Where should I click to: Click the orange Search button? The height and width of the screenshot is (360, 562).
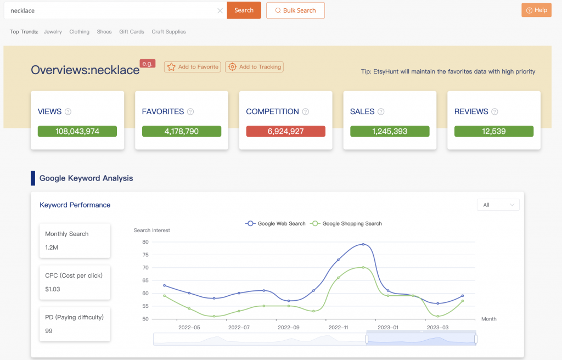pyautogui.click(x=244, y=10)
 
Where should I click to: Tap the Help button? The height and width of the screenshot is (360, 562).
pyautogui.click(x=536, y=10)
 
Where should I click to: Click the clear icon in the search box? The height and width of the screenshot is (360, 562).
pyautogui.click(x=220, y=10)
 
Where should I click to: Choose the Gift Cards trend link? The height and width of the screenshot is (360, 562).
pyautogui.click(x=132, y=32)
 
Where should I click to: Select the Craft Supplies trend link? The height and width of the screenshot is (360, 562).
pyautogui.click(x=168, y=32)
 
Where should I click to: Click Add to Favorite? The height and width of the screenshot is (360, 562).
pyautogui.click(x=193, y=67)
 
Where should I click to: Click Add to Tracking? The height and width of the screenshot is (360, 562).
pyautogui.click(x=255, y=67)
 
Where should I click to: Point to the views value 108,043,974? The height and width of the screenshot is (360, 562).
pyautogui.click(x=77, y=132)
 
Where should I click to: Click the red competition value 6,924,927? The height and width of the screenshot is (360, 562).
pyautogui.click(x=285, y=132)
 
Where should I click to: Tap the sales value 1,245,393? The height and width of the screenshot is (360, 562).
pyautogui.click(x=390, y=132)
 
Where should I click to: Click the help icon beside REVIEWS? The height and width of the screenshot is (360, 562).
pyautogui.click(x=494, y=112)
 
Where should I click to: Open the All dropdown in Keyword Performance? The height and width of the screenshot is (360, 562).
pyautogui.click(x=498, y=205)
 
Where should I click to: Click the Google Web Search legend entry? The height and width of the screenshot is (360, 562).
pyautogui.click(x=276, y=223)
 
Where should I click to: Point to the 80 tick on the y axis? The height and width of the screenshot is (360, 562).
pyautogui.click(x=145, y=242)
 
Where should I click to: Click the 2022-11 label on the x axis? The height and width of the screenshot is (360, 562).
pyautogui.click(x=338, y=328)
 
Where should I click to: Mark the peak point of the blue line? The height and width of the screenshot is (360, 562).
pyautogui.click(x=363, y=244)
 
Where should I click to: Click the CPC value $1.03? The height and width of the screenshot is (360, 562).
pyautogui.click(x=53, y=289)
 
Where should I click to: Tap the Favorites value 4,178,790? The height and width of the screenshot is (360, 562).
pyautogui.click(x=181, y=132)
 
